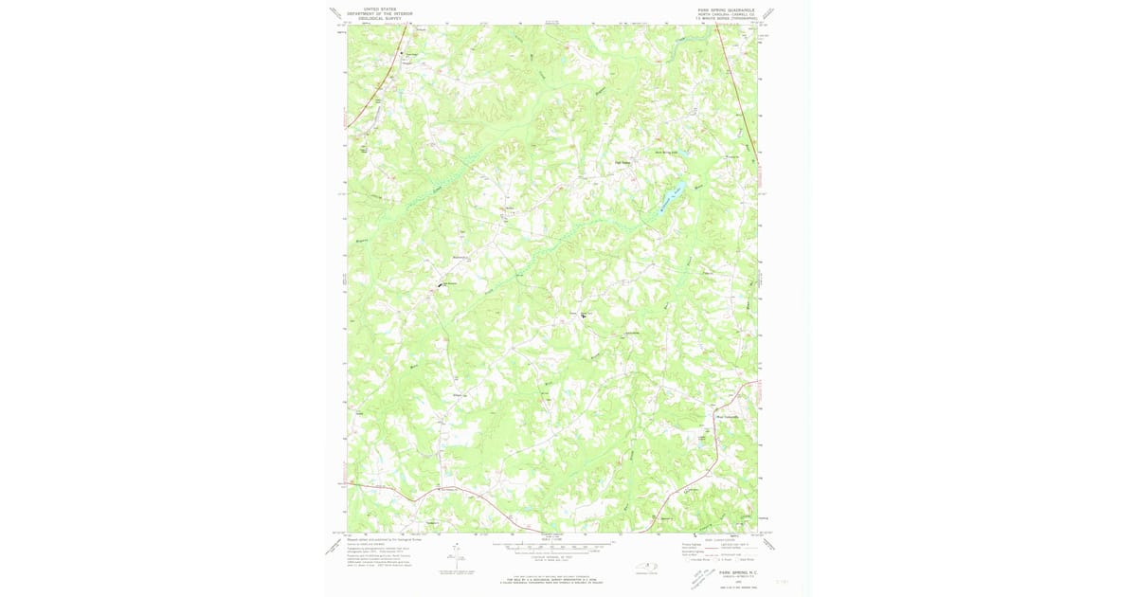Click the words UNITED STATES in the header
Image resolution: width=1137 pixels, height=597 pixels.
pos(379,8)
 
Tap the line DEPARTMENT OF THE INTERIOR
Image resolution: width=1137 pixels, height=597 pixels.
pos(379,12)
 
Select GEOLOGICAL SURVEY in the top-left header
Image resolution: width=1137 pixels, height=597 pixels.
pos(379,17)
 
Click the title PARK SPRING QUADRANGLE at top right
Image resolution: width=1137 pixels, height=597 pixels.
pos(726,8)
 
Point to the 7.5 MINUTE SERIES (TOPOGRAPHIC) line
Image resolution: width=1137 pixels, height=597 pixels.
pos(726,17)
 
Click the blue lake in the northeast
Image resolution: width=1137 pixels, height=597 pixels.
pos(671,194)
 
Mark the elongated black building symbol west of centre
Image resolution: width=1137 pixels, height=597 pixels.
pos(441,284)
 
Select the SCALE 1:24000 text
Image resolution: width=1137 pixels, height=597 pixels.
pos(552,538)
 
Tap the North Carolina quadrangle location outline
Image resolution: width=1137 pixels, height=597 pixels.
pos(648,567)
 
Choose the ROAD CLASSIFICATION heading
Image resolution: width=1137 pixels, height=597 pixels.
pos(720,537)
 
